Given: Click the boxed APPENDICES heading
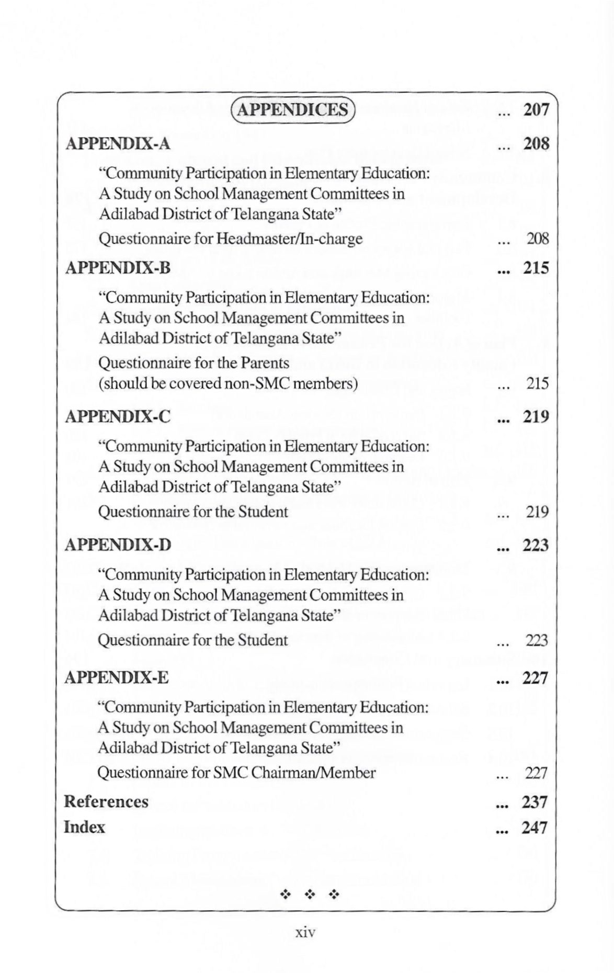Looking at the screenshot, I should tap(292, 109).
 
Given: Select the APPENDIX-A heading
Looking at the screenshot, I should tap(118, 143).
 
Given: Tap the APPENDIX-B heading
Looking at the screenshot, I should tap(118, 268).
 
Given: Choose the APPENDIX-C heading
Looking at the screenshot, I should tap(118, 417).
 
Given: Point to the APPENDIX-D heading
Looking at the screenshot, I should tap(118, 545).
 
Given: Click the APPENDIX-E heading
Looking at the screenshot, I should tap(117, 678).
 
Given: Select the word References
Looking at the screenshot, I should tap(106, 802).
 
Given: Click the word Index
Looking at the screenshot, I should tap(84, 827).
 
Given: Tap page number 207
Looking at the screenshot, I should tap(537, 109).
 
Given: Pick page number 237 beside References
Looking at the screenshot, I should tap(535, 802).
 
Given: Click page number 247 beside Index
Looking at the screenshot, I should tap(535, 828).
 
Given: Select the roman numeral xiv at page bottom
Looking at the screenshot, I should tap(306, 932).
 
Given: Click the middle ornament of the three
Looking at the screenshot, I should tap(310, 895).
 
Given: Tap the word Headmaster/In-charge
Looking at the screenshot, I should tap(289, 239).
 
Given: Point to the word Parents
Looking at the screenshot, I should tap(265, 363).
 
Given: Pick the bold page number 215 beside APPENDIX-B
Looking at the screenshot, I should tap(537, 268).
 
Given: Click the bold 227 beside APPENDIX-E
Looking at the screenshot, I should tap(535, 678).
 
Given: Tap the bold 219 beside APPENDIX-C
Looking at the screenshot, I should tap(536, 417).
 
